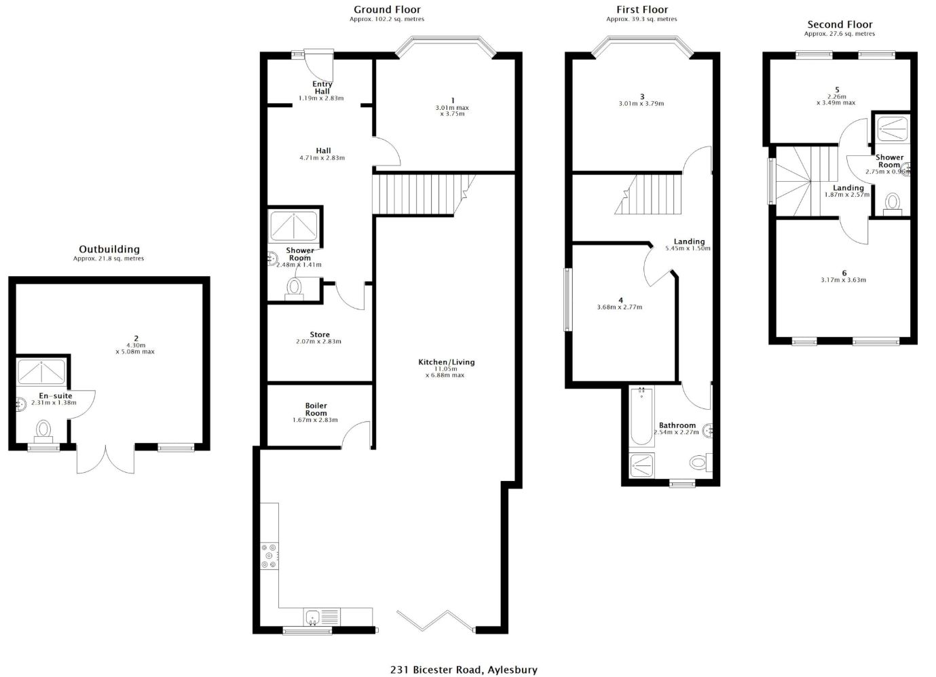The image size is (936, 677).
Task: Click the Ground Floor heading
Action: point(387,9)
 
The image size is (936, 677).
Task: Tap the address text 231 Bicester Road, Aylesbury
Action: point(464,670)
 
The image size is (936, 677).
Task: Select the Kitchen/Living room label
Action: point(446,362)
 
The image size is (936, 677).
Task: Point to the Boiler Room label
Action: point(316,409)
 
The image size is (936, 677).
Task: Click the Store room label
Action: point(320,334)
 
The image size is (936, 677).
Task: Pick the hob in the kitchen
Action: point(269,556)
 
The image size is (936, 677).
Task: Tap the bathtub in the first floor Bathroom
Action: point(641,417)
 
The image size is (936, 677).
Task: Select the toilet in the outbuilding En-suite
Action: point(43,432)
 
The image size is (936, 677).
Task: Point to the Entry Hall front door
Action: point(319,65)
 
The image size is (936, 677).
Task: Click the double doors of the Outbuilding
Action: point(105,459)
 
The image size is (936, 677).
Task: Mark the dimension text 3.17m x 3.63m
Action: point(843,279)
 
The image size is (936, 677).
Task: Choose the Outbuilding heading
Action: point(109,250)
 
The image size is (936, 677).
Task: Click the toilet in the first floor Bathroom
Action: point(700,463)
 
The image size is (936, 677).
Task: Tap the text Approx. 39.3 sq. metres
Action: point(641,19)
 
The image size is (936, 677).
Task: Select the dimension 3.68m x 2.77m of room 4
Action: point(620,307)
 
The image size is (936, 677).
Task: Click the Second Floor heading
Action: point(840,24)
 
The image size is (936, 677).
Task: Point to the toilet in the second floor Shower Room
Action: point(892,204)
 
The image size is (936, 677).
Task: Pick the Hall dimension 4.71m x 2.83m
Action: point(322,158)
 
